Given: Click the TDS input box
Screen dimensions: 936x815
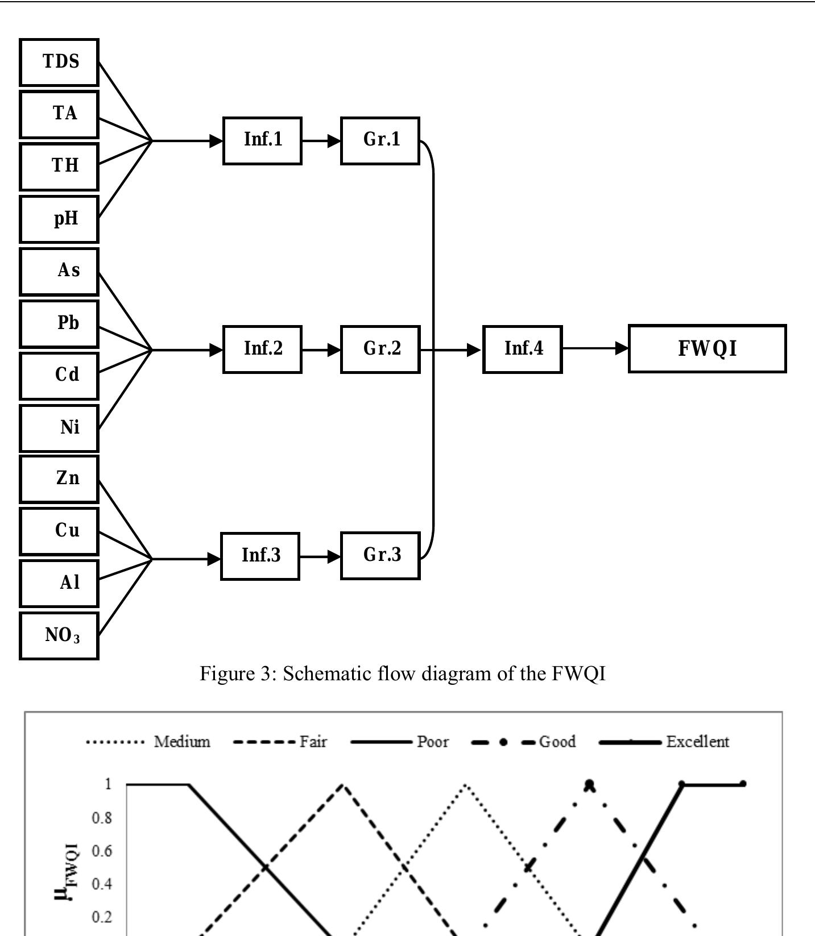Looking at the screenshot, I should pyautogui.click(x=59, y=62).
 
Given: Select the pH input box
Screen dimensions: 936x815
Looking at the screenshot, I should pyautogui.click(x=59, y=219).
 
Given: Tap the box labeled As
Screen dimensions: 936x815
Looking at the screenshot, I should pyautogui.click(x=59, y=271).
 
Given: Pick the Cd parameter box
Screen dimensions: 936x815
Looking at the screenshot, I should pyautogui.click(x=59, y=375).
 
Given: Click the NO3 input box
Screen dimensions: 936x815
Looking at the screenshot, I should pyautogui.click(x=59, y=635).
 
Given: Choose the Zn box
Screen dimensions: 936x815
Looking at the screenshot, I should pyautogui.click(x=59, y=479).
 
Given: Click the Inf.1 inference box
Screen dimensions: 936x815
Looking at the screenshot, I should pyautogui.click(x=262, y=140).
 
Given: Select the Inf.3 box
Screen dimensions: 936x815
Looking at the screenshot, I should pyautogui.click(x=260, y=556).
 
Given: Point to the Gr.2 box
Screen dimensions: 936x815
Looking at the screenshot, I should pyautogui.click(x=380, y=349).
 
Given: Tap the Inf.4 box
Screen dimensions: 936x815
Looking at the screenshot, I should pyautogui.click(x=523, y=349).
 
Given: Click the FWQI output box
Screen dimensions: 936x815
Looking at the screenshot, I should pyautogui.click(x=707, y=348).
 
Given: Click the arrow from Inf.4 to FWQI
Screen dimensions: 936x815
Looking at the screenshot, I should pyautogui.click(x=595, y=348).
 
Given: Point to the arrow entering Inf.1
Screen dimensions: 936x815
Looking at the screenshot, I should pyautogui.click(x=188, y=140).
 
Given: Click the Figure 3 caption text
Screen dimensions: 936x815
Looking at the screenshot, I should pyautogui.click(x=402, y=674).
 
